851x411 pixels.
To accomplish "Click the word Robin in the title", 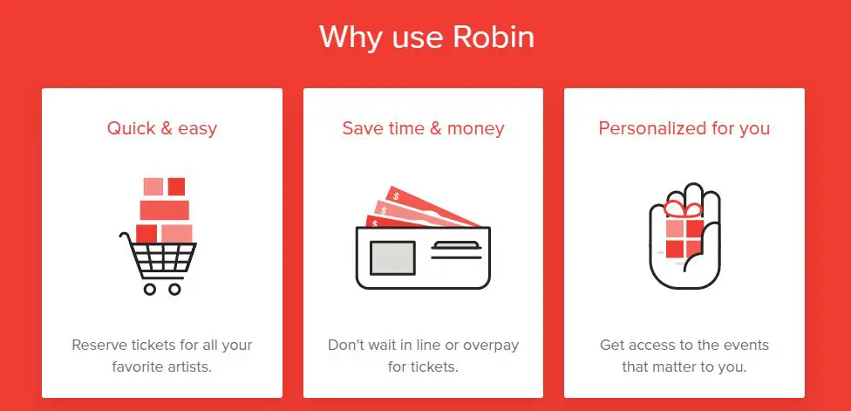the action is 494,37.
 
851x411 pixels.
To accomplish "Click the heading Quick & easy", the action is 161,128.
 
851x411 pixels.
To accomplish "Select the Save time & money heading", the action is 424,128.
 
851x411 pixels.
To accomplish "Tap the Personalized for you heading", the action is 684,128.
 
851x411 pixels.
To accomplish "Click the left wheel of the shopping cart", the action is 150,289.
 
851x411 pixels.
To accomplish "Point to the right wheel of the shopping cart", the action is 174,289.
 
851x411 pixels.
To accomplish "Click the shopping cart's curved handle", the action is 127,238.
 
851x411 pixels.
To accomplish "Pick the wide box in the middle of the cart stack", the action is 165,210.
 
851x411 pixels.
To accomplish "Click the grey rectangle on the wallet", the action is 392,257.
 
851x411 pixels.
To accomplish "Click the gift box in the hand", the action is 684,238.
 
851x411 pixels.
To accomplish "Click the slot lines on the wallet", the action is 456,250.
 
